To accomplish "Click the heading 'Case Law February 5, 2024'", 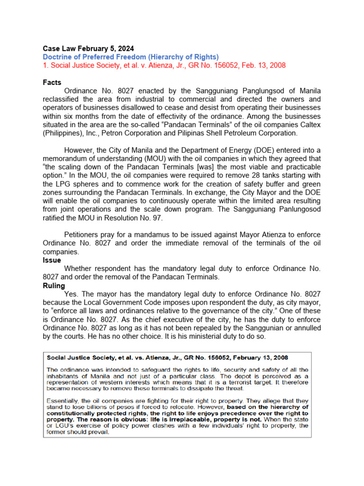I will coord(88,48).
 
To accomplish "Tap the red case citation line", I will coord(164,65).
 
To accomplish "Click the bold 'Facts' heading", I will coord(52,83).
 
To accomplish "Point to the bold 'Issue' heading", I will coord(52,261).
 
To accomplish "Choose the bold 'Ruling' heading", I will coord(54,286).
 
